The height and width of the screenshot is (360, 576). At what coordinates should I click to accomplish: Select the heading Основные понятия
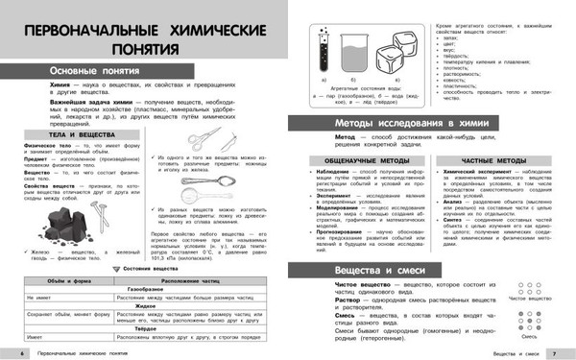[79, 73]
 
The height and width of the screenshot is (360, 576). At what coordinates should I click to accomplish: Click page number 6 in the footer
[7, 354]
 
